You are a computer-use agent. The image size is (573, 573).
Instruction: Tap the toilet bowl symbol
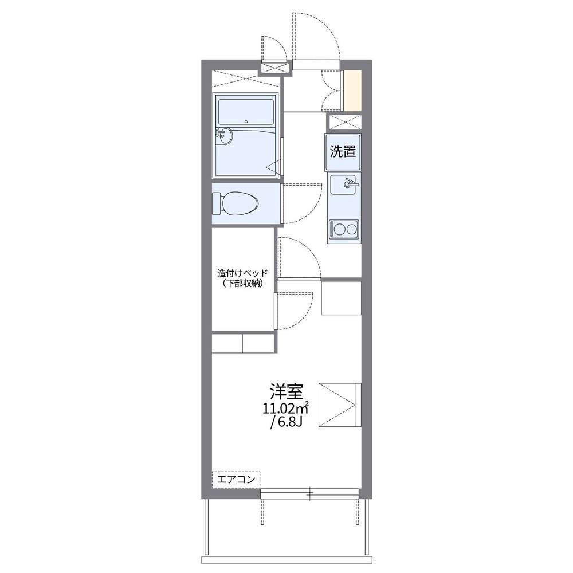[x=240, y=203]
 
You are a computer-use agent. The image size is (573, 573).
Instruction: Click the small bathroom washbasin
[x=225, y=136]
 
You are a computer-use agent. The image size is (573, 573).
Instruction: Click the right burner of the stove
[x=351, y=230]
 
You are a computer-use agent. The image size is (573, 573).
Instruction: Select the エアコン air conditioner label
[x=236, y=480]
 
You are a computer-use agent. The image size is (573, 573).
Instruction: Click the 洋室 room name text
[x=286, y=391]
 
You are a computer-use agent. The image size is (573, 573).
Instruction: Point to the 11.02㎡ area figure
[x=286, y=408]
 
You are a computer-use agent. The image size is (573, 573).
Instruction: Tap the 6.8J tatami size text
[x=286, y=423]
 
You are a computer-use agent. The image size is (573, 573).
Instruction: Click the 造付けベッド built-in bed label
[x=242, y=273]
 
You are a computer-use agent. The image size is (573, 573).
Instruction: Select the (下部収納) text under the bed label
[x=242, y=284]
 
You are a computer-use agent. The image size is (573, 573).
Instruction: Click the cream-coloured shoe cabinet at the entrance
[x=352, y=91]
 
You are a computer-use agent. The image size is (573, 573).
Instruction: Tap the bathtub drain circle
[x=246, y=121]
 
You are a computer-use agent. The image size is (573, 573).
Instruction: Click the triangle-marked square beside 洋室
[x=340, y=405]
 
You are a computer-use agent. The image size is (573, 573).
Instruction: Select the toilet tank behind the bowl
[x=217, y=203]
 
